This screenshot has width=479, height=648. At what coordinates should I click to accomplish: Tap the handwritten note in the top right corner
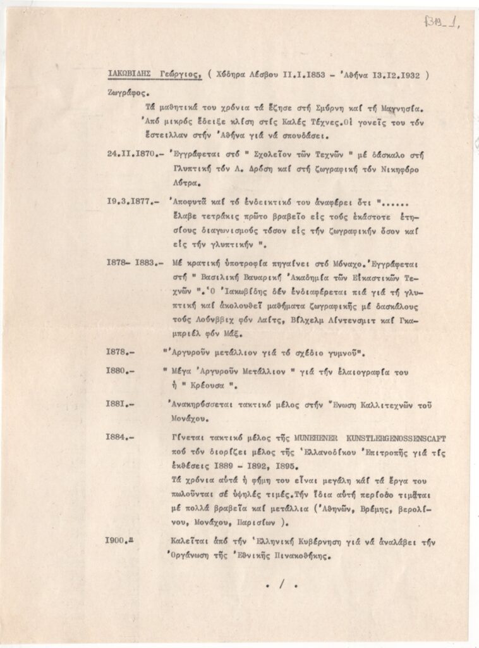click(x=442, y=25)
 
